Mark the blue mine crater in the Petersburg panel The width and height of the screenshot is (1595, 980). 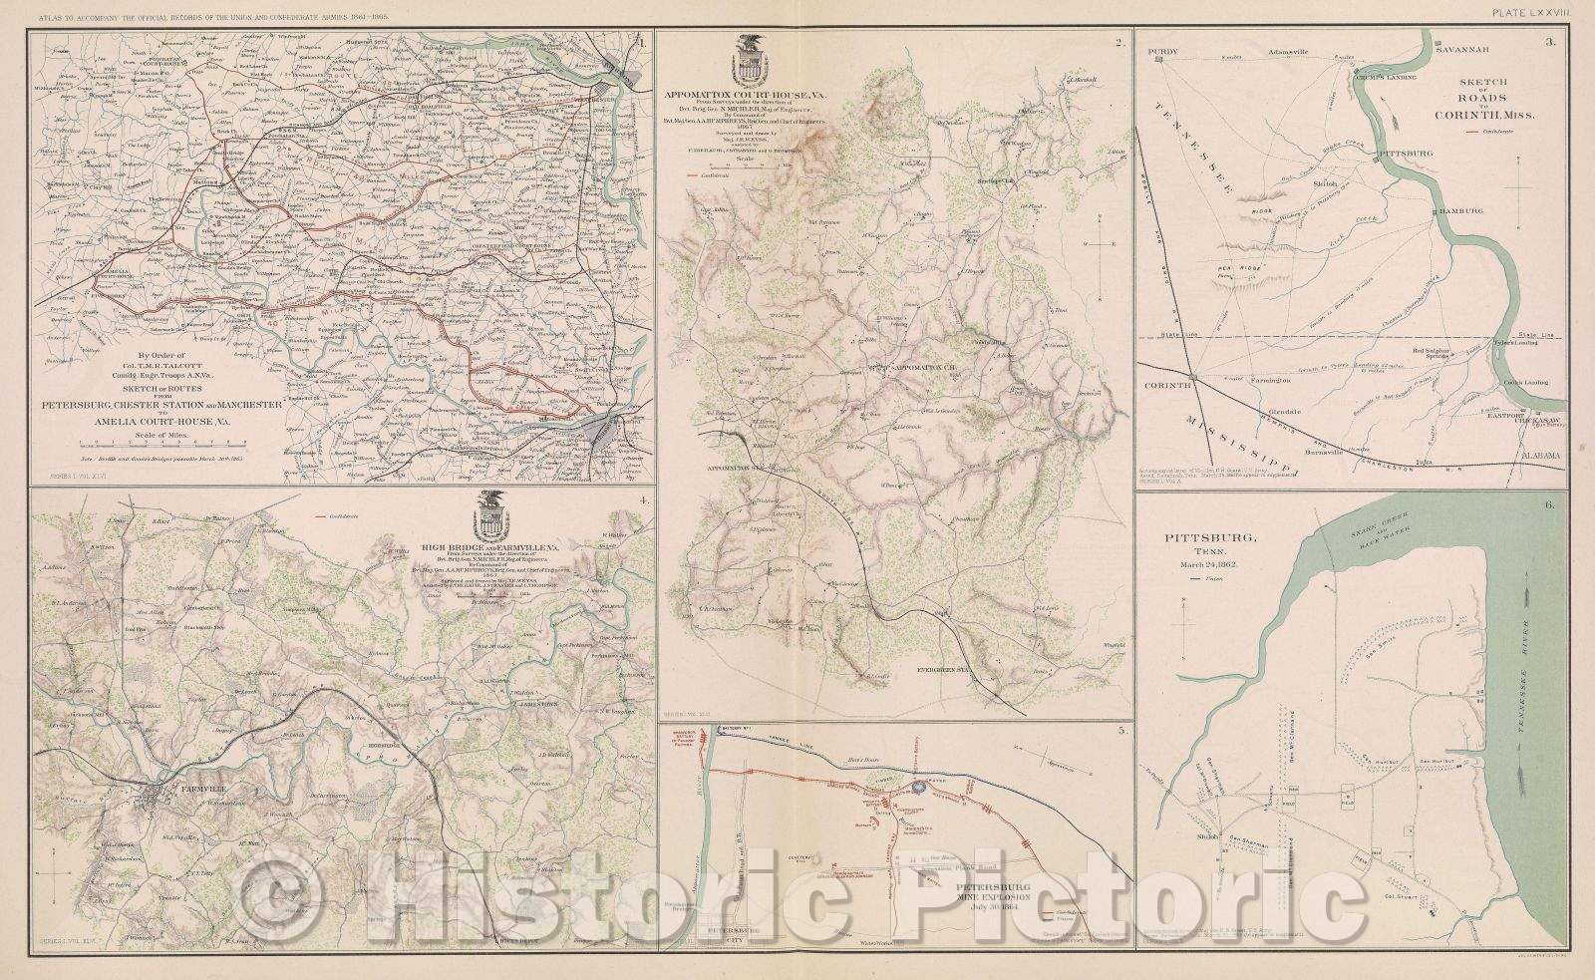click(919, 787)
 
